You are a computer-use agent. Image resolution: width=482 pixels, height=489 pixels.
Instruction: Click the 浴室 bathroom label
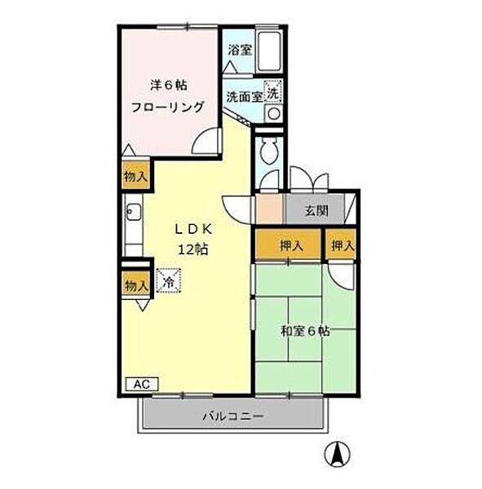[x=240, y=49]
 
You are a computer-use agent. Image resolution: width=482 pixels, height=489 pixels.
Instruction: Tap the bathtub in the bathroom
[x=269, y=51]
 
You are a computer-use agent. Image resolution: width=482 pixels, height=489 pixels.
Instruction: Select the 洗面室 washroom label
[x=245, y=95]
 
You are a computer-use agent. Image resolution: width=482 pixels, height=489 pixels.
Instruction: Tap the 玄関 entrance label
[x=316, y=211]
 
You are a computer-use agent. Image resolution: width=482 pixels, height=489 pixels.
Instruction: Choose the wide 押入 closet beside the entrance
[x=290, y=245]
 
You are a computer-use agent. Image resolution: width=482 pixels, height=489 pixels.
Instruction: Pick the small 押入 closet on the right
[x=341, y=245]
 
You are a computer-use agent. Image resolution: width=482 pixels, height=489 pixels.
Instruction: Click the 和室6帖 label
[x=305, y=331]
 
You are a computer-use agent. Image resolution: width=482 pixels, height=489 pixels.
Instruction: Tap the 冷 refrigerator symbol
[x=168, y=282]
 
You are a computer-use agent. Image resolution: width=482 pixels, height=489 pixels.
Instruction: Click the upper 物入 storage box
[x=135, y=176]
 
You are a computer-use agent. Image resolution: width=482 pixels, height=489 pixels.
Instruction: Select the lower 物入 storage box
[x=135, y=285]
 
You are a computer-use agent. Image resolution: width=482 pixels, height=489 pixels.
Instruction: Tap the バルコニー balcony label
[x=233, y=417]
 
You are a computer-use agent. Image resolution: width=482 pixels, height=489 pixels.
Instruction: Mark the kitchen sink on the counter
[x=133, y=215]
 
